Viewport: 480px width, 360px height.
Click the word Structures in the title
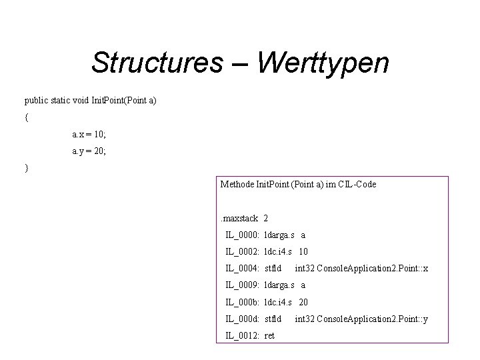pyautogui.click(x=157, y=63)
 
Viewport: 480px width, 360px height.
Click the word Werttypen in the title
pyautogui.click(x=322, y=63)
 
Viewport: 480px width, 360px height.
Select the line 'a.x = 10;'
pyautogui.click(x=89, y=134)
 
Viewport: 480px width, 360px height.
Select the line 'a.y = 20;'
pyautogui.click(x=89, y=151)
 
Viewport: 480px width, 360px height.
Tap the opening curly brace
pyautogui.click(x=27, y=117)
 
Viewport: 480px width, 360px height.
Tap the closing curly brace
pyautogui.click(x=27, y=168)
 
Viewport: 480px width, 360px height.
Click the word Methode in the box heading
pyautogui.click(x=237, y=184)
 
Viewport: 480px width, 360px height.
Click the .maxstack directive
pyautogui.click(x=239, y=218)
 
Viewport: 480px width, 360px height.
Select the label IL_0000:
pyautogui.click(x=243, y=235)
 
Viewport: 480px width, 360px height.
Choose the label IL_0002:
pyautogui.click(x=243, y=252)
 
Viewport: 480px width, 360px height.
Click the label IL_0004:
pyautogui.click(x=243, y=269)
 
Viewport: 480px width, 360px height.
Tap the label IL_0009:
pyautogui.click(x=243, y=285)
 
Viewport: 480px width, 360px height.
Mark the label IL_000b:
pyautogui.click(x=243, y=302)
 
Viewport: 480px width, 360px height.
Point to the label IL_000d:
pyautogui.click(x=243, y=319)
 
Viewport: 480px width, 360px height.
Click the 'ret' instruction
pyautogui.click(x=269, y=336)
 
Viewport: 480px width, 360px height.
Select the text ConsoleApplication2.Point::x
pyautogui.click(x=372, y=269)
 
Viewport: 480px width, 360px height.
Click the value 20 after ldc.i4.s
pyautogui.click(x=303, y=302)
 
